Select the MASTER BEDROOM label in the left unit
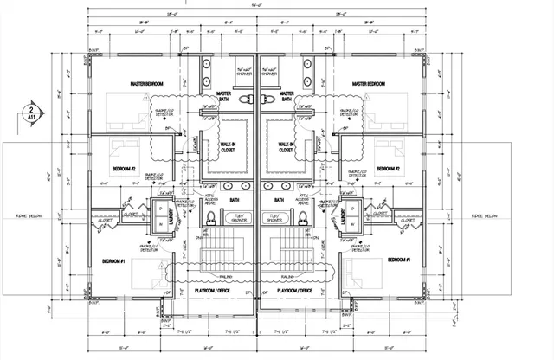click(x=147, y=84)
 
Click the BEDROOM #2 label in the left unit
click(x=125, y=168)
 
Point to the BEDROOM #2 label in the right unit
click(x=385, y=168)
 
